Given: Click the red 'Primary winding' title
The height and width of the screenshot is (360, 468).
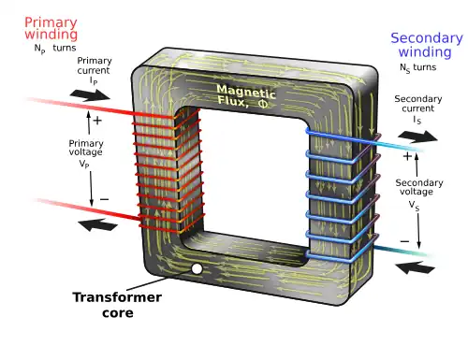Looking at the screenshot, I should (51, 28).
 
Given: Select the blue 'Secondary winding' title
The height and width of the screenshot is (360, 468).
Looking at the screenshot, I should (425, 44).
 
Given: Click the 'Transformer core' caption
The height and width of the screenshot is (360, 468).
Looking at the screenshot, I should (117, 305).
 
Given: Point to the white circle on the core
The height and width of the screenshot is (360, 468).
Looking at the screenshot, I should (197, 270).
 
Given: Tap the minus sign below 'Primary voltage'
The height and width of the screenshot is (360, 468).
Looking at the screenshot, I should (103, 198).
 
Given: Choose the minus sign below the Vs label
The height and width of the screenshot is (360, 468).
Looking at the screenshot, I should (404, 240).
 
